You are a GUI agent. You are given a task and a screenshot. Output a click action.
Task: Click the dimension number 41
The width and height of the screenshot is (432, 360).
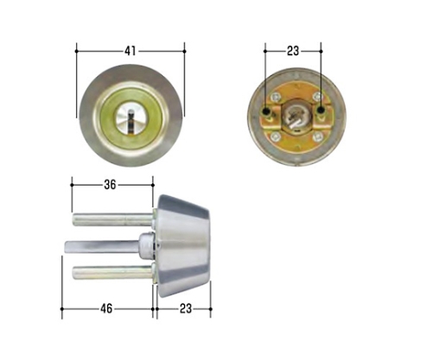pyautogui.click(x=130, y=51)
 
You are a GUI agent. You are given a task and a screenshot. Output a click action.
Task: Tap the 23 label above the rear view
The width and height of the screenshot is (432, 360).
pyautogui.click(x=293, y=51)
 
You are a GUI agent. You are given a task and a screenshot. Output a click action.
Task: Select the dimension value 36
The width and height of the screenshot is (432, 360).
pyautogui.click(x=110, y=185)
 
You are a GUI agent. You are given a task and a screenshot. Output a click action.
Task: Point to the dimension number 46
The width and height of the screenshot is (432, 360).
pyautogui.click(x=106, y=309)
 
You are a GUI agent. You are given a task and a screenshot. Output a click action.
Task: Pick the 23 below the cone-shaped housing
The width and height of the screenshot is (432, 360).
pyautogui.click(x=186, y=309)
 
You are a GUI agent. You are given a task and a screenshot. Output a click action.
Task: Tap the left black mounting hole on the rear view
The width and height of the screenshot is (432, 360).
pyautogui.click(x=266, y=111)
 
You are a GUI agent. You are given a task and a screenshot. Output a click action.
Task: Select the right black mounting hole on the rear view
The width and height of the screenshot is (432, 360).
pyautogui.click(x=321, y=111)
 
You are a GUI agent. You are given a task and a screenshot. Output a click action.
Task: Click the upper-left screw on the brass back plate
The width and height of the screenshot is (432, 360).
pyautogui.click(x=276, y=98)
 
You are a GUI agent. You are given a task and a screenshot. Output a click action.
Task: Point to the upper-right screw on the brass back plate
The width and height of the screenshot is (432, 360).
pyautogui.click(x=317, y=97)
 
